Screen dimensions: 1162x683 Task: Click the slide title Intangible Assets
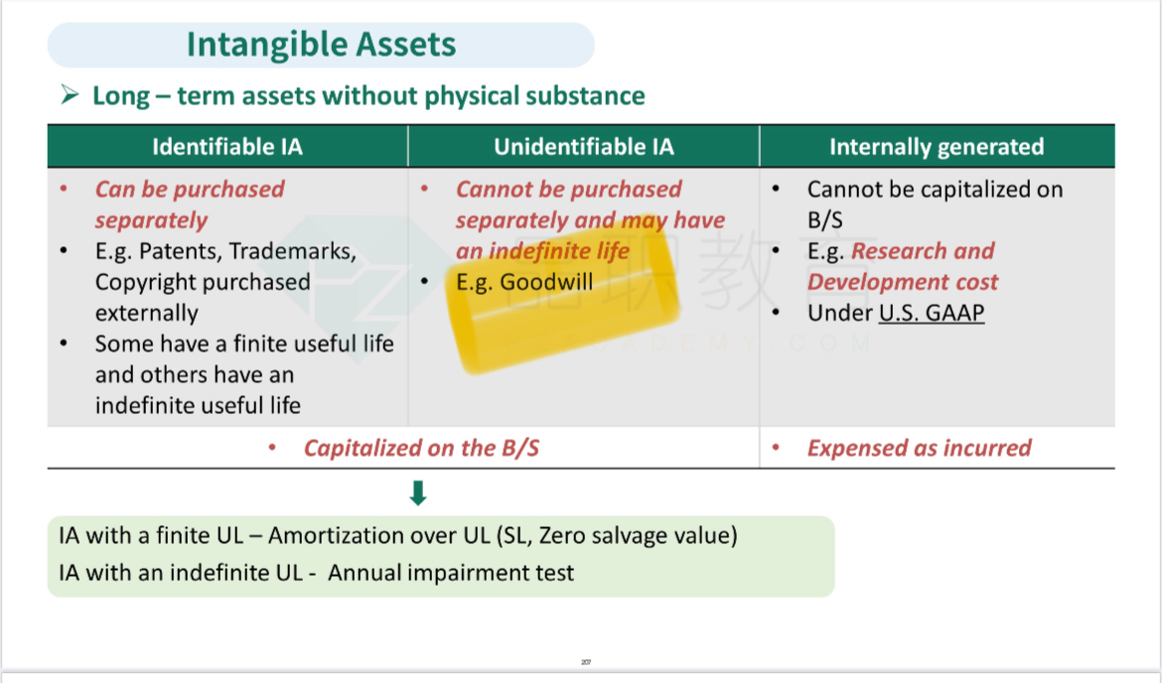tap(321, 45)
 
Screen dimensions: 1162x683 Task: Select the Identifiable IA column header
tap(227, 147)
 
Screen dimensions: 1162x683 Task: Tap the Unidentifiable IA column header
tap(584, 147)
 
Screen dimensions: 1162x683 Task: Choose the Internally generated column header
tap(937, 147)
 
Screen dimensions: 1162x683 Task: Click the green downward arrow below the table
tap(418, 492)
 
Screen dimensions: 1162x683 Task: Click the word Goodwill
tap(546, 282)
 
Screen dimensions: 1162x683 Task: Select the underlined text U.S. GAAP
tap(932, 313)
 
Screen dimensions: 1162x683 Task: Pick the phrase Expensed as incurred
tap(919, 448)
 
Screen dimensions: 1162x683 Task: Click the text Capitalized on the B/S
tap(422, 448)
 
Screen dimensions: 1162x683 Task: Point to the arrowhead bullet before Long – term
tap(70, 95)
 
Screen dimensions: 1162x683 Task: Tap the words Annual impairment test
tap(451, 573)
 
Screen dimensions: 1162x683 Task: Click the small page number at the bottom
tap(586, 662)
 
